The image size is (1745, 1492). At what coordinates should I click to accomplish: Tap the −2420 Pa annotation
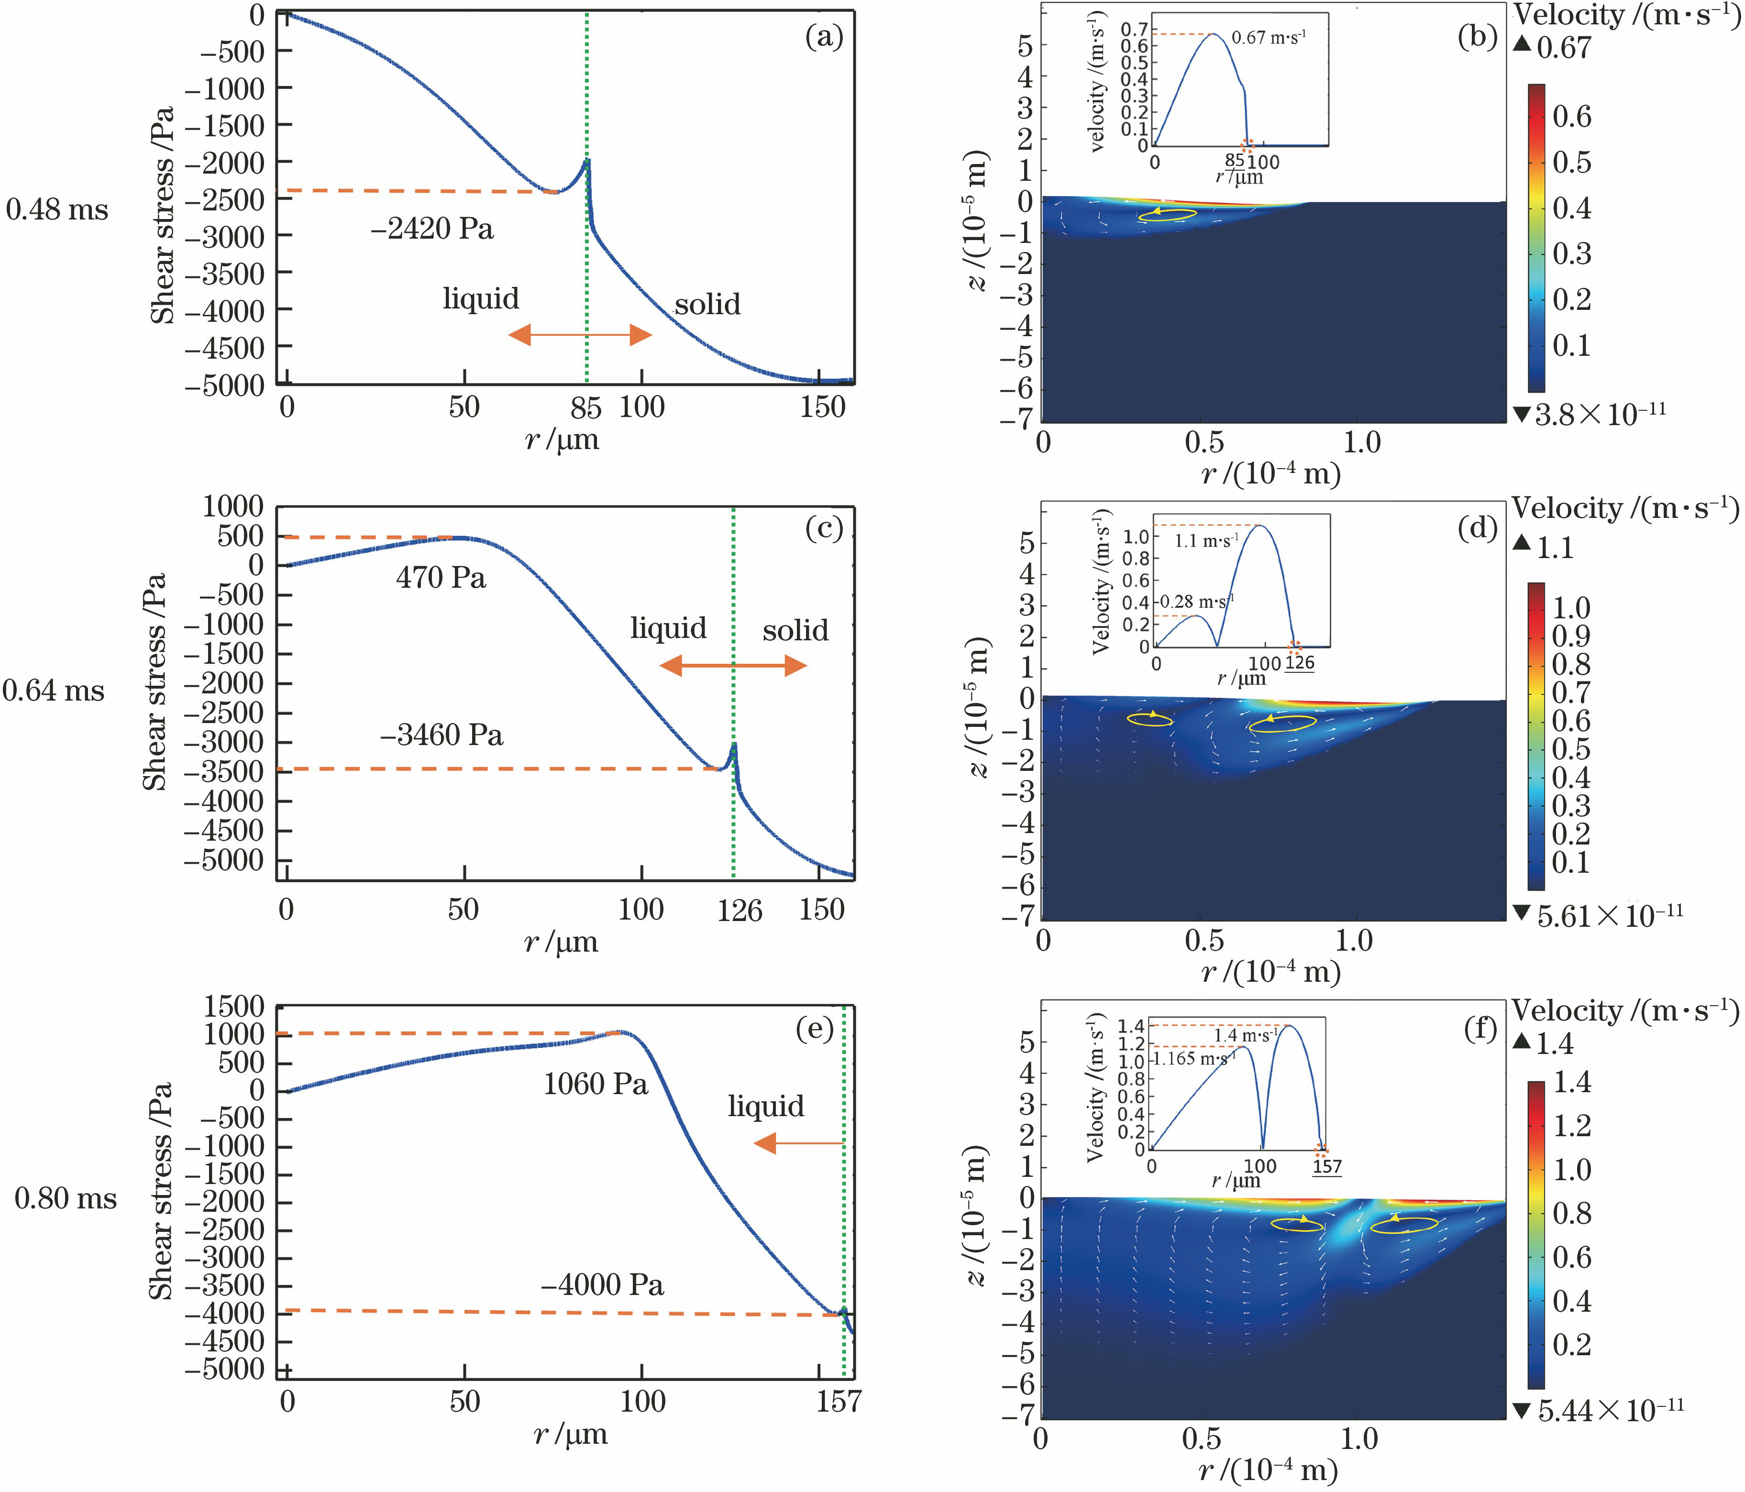[432, 229]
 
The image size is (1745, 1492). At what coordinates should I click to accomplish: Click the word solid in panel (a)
[707, 304]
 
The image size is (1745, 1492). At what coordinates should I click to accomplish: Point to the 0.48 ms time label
[57, 209]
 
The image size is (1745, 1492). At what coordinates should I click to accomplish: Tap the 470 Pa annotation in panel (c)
[442, 579]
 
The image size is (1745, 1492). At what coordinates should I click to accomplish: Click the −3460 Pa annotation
[442, 736]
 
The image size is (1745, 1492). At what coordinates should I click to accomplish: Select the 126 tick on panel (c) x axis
[740, 911]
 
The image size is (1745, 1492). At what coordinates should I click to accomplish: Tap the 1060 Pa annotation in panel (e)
[596, 1085]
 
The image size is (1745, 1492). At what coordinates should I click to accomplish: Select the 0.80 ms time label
[66, 1199]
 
